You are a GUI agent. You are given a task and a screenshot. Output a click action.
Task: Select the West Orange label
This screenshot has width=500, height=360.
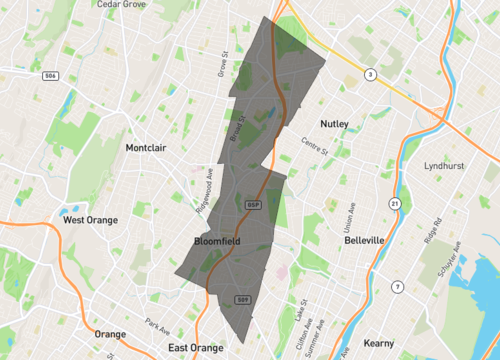pos(89,220)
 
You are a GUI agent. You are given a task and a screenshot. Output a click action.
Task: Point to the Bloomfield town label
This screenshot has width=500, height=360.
pos(217,242)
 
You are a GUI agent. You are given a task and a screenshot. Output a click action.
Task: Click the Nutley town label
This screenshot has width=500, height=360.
pos(334,124)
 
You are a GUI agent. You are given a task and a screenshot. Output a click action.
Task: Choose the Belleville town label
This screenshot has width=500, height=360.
pos(364,241)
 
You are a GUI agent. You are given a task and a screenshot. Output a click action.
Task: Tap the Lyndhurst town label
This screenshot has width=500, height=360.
pos(445,165)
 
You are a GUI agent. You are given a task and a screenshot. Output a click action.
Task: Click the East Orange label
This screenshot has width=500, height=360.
pos(195,348)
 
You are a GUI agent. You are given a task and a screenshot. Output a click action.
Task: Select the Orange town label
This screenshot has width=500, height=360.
pos(109,334)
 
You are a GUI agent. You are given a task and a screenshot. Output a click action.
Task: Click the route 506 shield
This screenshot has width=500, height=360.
pos(50,75)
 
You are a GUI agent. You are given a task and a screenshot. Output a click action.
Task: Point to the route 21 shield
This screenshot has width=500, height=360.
pos(395,204)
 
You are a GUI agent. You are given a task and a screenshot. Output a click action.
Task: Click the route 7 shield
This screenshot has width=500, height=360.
pos(397,288)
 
